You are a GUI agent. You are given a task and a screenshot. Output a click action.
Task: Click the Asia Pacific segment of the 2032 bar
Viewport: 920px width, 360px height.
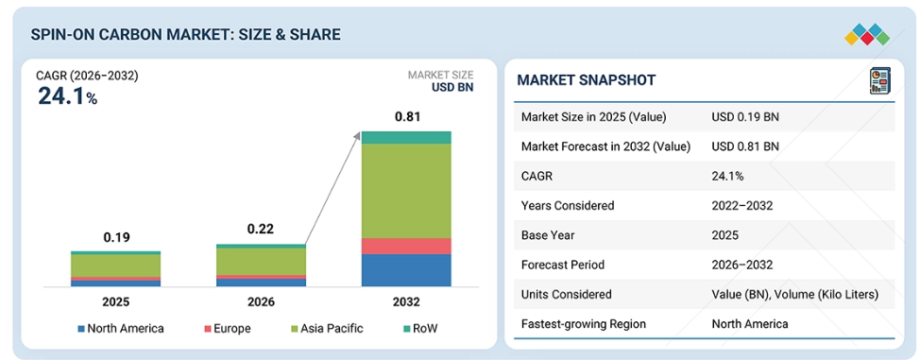(x=406, y=191)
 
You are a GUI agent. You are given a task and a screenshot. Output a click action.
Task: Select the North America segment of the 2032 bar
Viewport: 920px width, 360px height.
(x=406, y=270)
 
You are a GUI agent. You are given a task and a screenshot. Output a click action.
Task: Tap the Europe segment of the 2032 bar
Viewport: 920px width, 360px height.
(x=406, y=246)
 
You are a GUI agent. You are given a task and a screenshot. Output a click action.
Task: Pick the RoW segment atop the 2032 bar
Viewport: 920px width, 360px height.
(x=406, y=137)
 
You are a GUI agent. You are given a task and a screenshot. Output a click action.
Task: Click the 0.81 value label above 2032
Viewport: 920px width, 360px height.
(x=407, y=116)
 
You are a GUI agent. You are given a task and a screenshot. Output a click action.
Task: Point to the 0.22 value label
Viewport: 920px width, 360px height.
(x=261, y=229)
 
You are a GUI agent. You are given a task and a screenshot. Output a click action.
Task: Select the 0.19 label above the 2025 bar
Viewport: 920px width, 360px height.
(x=115, y=237)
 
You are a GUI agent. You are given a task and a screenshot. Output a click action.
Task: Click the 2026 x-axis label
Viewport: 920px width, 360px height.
(x=261, y=302)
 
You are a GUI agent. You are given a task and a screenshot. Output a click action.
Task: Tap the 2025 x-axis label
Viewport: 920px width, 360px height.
(x=115, y=302)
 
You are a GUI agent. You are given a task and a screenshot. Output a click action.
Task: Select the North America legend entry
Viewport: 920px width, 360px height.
(x=121, y=328)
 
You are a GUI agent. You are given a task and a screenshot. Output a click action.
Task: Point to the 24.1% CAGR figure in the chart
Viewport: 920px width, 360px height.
(x=67, y=96)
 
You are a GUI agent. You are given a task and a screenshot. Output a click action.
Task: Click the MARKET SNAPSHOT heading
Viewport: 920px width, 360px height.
(x=587, y=80)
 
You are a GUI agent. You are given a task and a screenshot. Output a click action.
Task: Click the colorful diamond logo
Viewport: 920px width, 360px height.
(x=867, y=35)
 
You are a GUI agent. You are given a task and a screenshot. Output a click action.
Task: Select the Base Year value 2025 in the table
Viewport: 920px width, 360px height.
(x=724, y=235)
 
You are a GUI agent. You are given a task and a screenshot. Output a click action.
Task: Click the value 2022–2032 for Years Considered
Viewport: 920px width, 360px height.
(x=741, y=206)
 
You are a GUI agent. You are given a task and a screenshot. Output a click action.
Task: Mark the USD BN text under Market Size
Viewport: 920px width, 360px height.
(x=452, y=88)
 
